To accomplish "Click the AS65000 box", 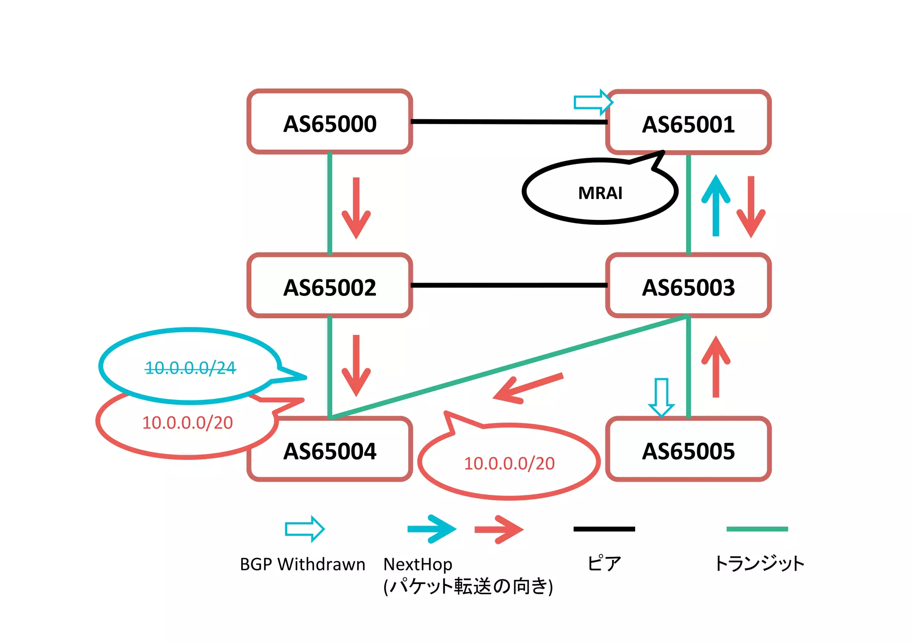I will [330, 122].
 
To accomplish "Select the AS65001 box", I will [688, 123].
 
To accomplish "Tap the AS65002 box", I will [330, 286].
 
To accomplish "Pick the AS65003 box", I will [688, 286].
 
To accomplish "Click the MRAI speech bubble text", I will [600, 193].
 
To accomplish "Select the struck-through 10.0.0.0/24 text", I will [190, 367].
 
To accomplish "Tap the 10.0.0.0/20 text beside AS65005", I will [509, 463].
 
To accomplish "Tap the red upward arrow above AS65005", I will [716, 367].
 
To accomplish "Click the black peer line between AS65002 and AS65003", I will [509, 285].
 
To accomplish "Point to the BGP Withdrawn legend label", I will [302, 564].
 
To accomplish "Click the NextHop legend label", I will [418, 564].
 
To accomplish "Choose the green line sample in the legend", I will [757, 529].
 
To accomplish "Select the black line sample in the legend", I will [604, 529].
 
